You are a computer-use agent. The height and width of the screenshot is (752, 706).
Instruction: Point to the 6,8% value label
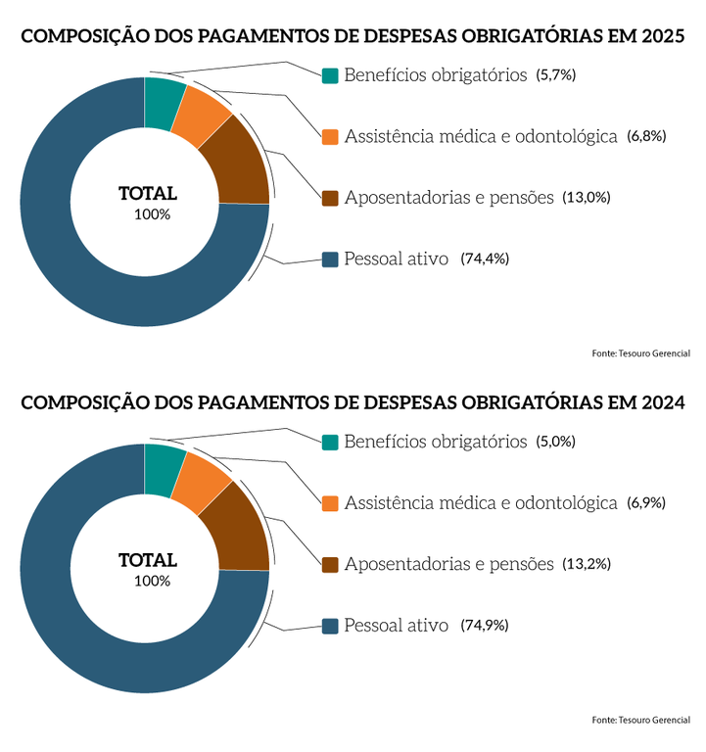(646, 136)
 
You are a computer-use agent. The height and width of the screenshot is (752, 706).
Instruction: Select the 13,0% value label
(587, 198)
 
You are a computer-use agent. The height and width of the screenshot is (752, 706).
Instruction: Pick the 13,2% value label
(587, 564)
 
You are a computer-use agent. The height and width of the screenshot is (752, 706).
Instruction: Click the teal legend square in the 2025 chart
(330, 75)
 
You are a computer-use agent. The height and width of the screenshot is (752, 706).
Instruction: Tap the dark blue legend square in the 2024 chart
(330, 625)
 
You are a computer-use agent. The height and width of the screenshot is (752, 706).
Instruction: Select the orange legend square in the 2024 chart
(330, 503)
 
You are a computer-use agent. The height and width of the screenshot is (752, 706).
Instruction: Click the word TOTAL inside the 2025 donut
(147, 194)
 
